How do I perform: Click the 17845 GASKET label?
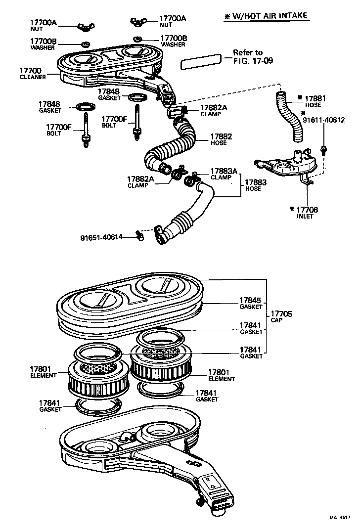[251, 303]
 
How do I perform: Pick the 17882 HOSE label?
[221, 139]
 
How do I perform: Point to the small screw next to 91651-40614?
[139, 237]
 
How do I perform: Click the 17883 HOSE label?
[256, 185]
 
